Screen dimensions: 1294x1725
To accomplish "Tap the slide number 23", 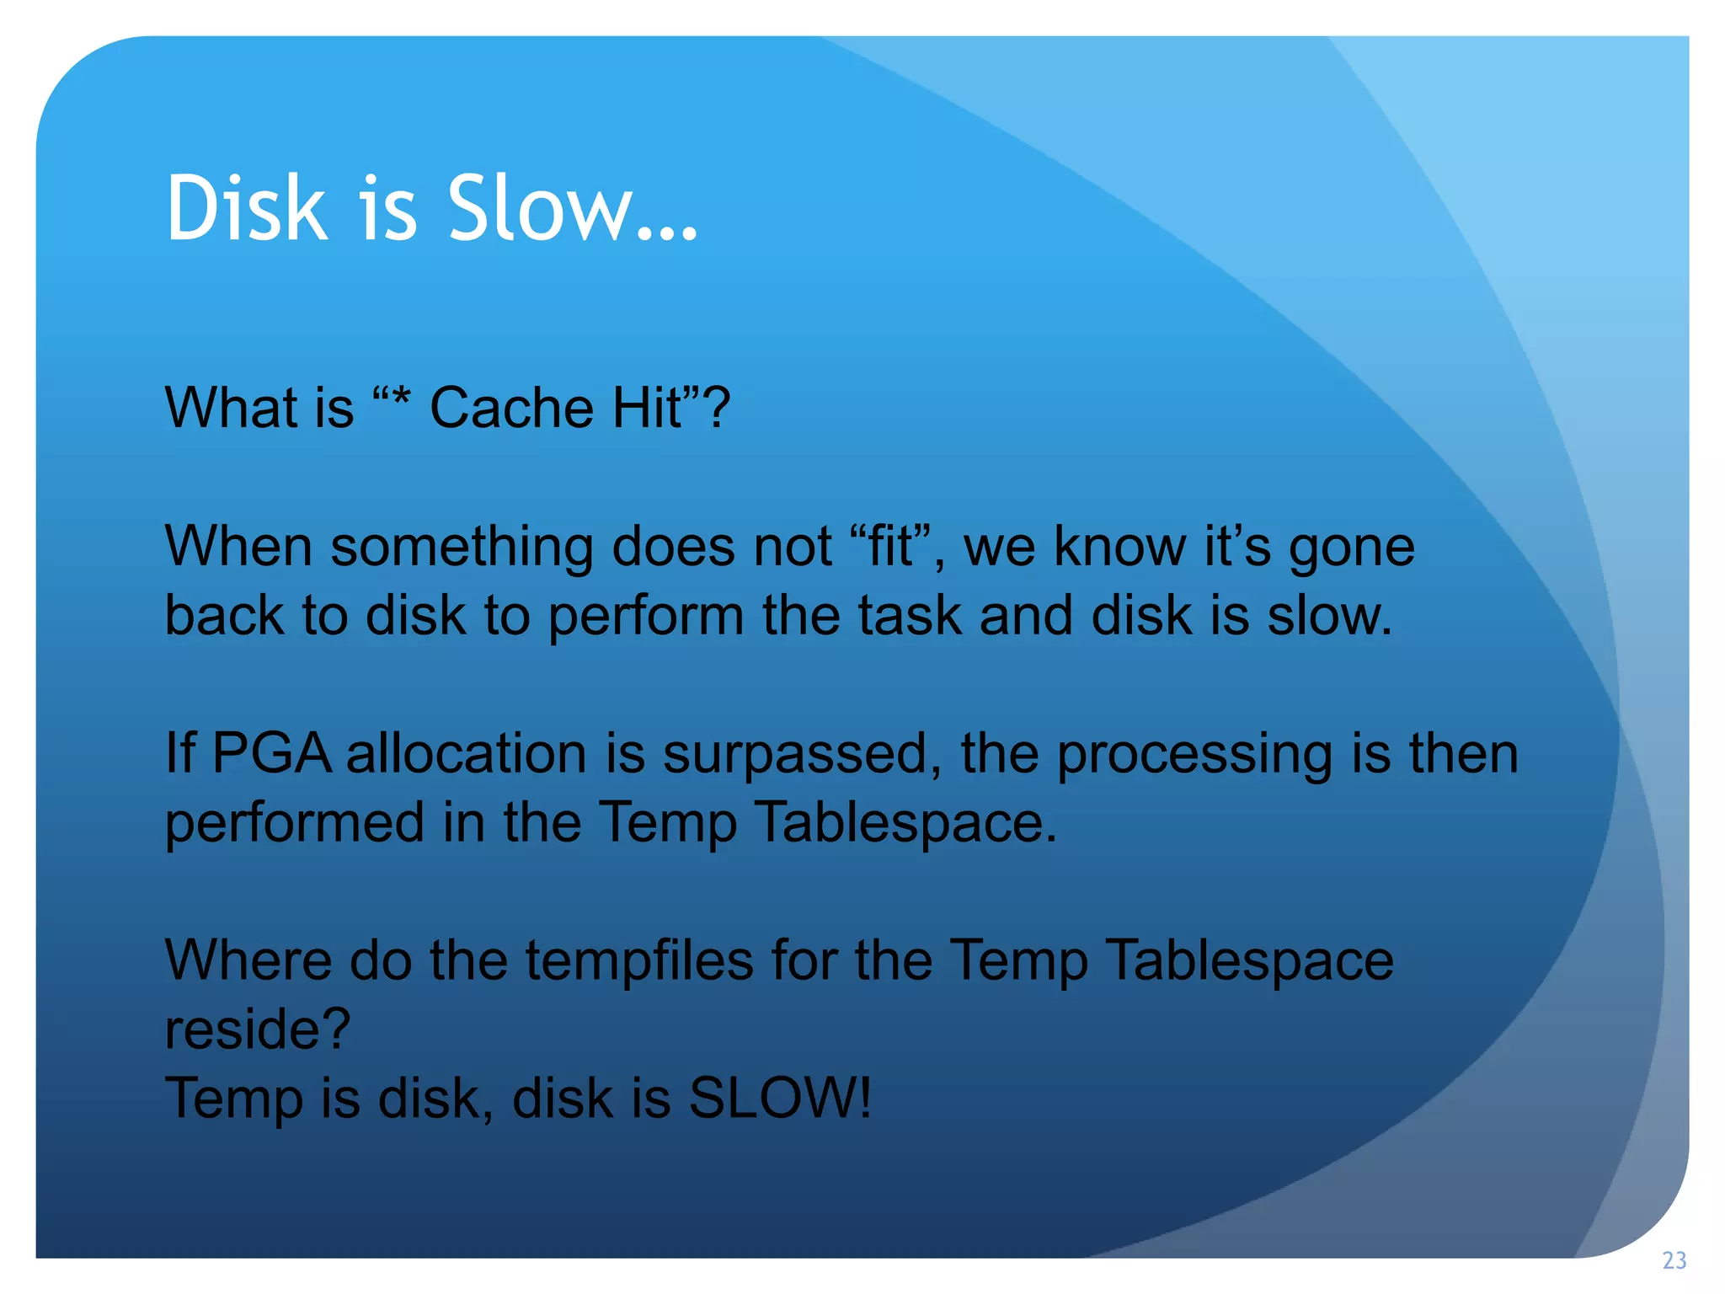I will pos(1674,1260).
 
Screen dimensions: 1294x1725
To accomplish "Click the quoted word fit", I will pos(891,546).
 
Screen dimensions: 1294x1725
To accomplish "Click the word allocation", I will pos(467,752).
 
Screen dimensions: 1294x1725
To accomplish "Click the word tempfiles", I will pos(639,961).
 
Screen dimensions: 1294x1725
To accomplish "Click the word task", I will pos(909,615).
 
